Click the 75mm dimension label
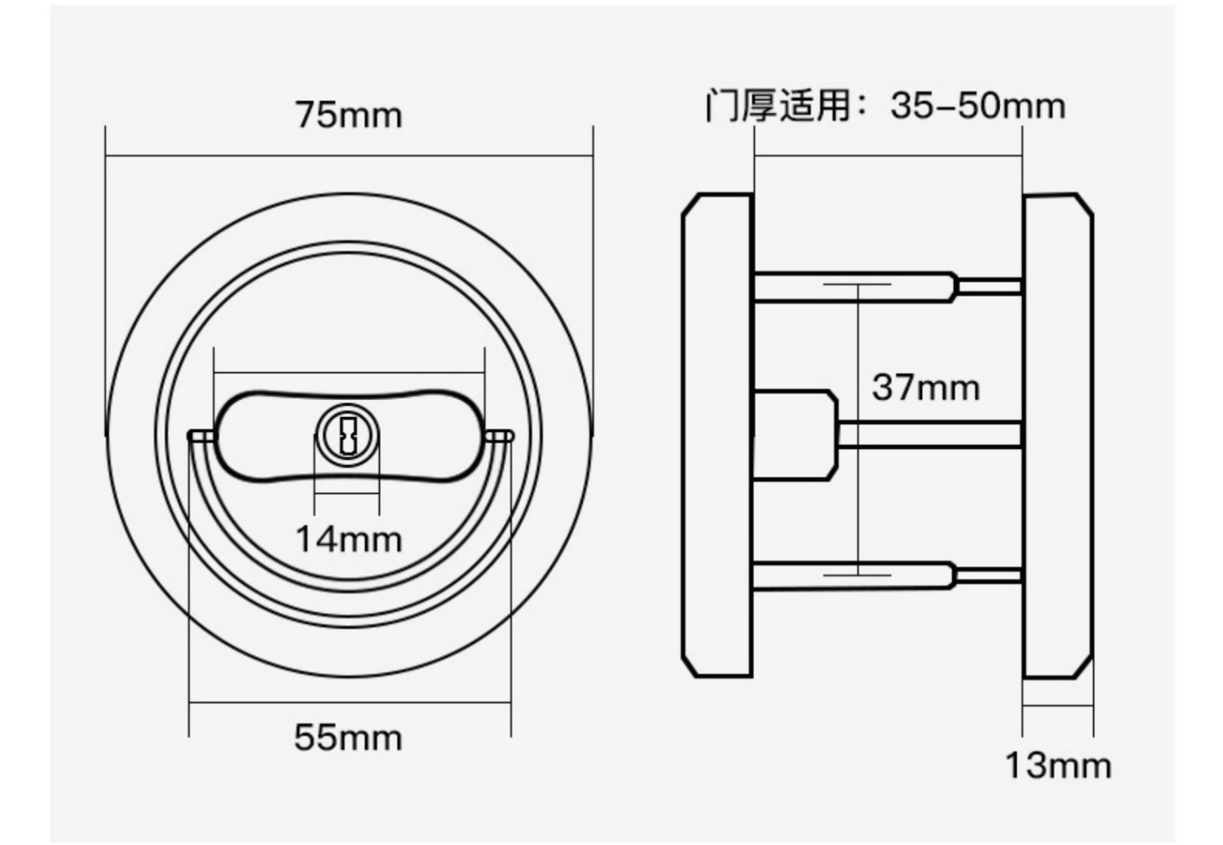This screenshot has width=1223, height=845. (x=348, y=115)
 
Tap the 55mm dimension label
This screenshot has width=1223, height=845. (x=348, y=738)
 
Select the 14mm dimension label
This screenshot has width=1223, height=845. (x=348, y=539)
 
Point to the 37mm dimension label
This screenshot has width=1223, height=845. (x=926, y=388)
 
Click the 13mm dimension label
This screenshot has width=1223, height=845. (x=1058, y=766)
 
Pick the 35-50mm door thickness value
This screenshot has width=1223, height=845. (x=978, y=106)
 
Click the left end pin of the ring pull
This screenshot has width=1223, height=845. (x=201, y=435)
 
